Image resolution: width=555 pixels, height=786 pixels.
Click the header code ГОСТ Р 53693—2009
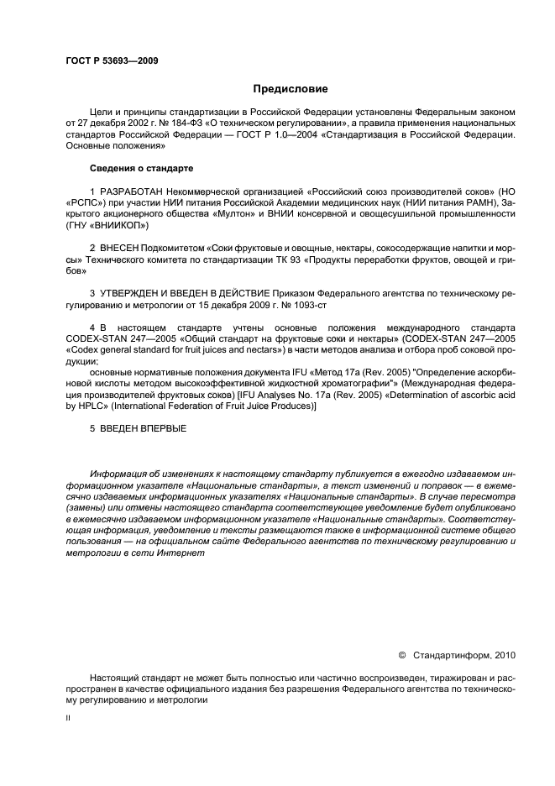pos(111,60)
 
